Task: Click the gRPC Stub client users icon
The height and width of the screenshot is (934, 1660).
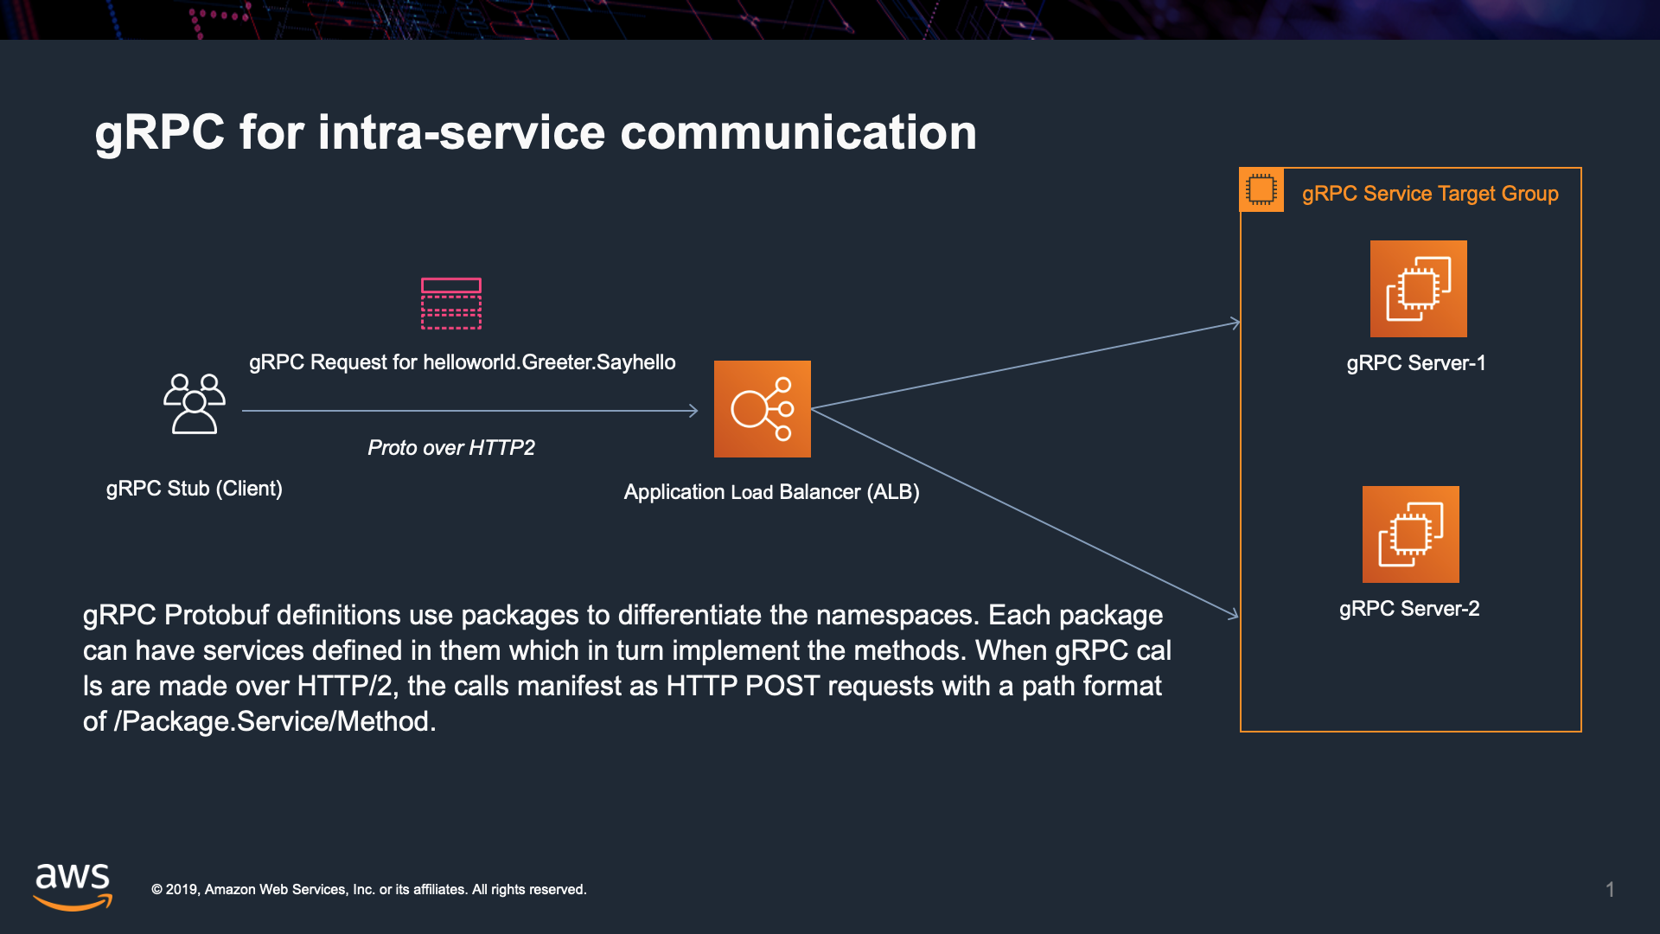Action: (x=195, y=404)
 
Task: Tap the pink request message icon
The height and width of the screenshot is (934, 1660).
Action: (x=450, y=304)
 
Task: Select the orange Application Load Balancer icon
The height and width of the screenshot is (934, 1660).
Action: (x=762, y=409)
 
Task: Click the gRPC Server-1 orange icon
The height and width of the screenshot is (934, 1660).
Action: (x=1418, y=289)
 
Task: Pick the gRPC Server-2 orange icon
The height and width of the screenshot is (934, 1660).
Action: (x=1410, y=534)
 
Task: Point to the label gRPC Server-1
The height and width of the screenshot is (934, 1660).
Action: (x=1415, y=363)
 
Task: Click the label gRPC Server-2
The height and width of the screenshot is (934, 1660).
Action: (x=1408, y=609)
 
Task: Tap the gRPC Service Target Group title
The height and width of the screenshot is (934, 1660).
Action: (x=1429, y=194)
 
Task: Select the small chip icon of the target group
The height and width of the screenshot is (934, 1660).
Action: (x=1261, y=190)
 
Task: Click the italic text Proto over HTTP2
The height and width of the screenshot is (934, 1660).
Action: (x=450, y=448)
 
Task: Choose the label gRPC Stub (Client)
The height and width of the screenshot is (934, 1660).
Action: (x=194, y=489)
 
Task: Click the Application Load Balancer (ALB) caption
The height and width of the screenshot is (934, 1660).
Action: (x=771, y=492)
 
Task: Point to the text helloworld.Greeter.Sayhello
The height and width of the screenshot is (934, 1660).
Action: (x=549, y=362)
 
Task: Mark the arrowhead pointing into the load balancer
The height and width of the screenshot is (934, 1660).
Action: (x=693, y=411)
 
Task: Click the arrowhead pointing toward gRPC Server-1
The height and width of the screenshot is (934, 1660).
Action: (x=1235, y=323)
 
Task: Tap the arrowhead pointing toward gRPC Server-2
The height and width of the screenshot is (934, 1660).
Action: (x=1234, y=614)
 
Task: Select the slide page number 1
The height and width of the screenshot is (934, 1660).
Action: (x=1610, y=889)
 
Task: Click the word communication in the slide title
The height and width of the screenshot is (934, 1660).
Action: (x=798, y=133)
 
